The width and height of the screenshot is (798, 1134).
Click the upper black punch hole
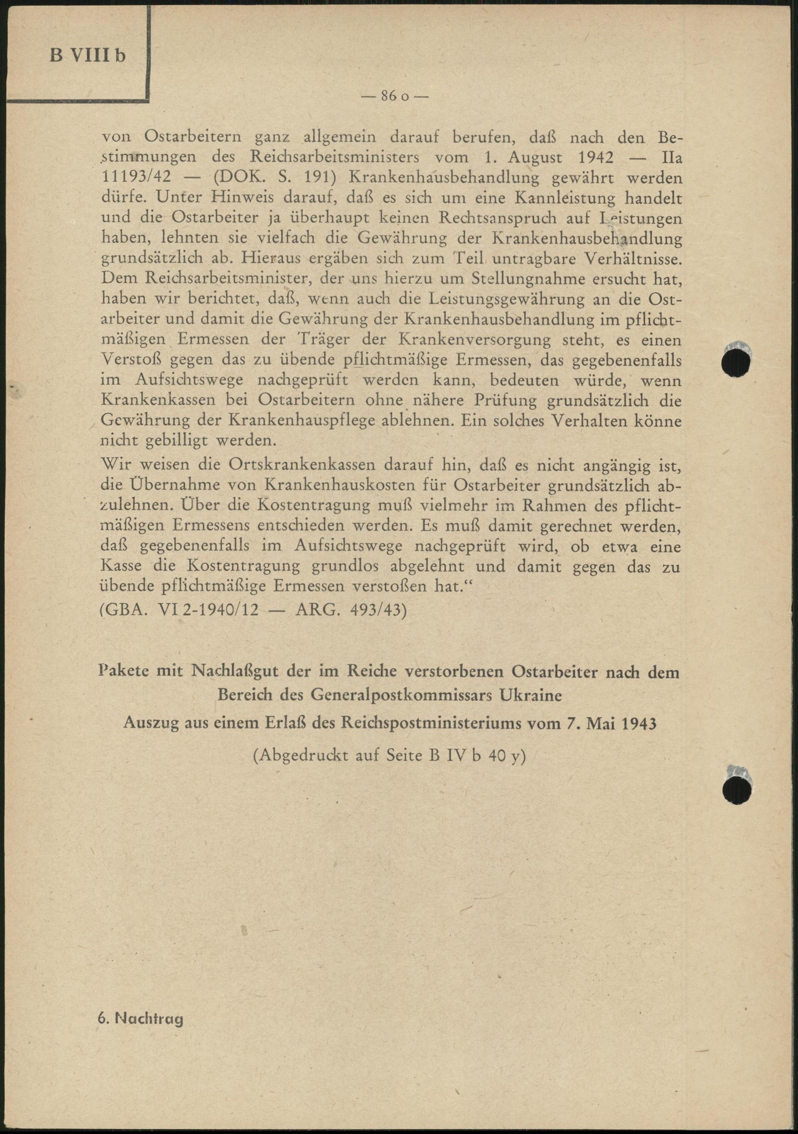coord(736,362)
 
